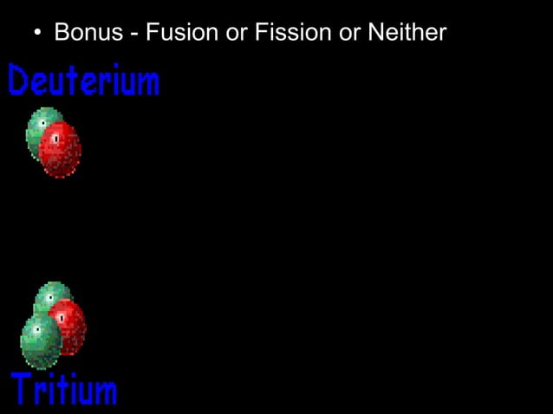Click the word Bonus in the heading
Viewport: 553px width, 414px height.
point(88,34)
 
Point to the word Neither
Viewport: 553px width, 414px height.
point(407,34)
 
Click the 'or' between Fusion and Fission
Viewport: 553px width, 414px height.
point(237,34)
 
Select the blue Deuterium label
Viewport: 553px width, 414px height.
point(83,81)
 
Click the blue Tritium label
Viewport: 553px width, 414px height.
point(64,389)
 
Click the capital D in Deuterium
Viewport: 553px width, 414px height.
point(16,81)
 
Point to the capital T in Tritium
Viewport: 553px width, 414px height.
point(21,389)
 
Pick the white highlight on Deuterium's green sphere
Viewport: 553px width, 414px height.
point(42,123)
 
